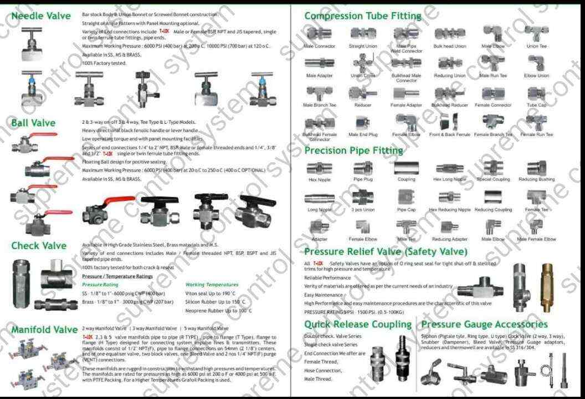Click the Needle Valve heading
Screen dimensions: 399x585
click(x=41, y=16)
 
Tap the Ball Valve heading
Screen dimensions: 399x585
click(x=33, y=123)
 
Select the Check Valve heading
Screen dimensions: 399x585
click(x=39, y=245)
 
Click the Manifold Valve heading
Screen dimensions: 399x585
click(x=44, y=330)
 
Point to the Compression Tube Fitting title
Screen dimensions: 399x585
click(x=363, y=16)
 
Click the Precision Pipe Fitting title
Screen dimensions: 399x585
click(x=354, y=150)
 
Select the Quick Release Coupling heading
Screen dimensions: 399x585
click(x=358, y=324)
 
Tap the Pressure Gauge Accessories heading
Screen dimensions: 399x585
click(x=484, y=324)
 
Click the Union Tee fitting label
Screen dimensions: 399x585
click(x=536, y=47)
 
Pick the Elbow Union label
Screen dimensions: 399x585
click(x=536, y=75)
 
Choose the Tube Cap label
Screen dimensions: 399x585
click(x=536, y=105)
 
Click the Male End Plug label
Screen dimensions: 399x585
click(x=363, y=134)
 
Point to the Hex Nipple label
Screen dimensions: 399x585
click(x=320, y=180)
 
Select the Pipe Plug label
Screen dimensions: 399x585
click(x=363, y=180)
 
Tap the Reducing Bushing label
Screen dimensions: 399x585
click(x=536, y=180)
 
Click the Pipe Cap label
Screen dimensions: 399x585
click(x=406, y=210)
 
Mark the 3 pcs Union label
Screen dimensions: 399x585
click(x=363, y=210)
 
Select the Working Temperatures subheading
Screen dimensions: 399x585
click(x=212, y=285)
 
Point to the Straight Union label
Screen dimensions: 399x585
click(x=363, y=47)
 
